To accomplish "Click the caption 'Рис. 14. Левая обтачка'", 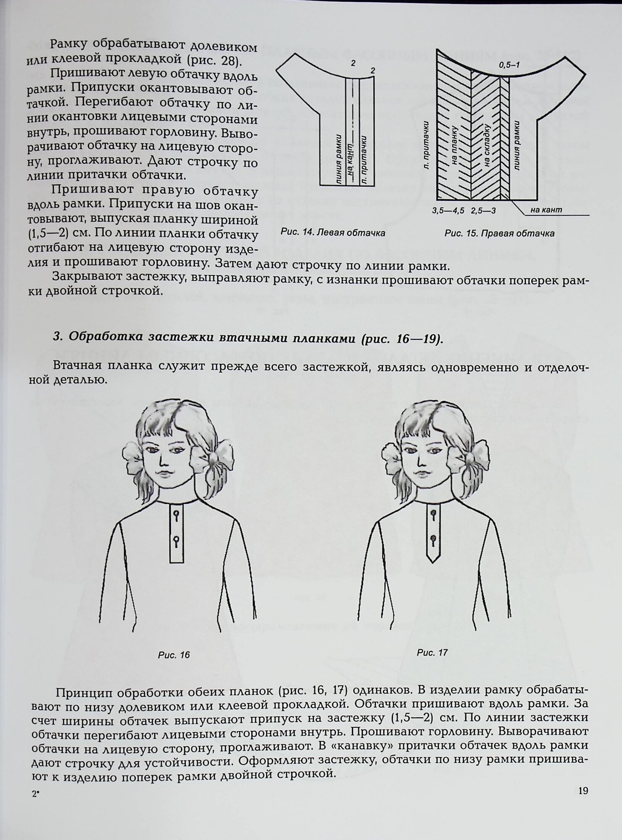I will point(333,233).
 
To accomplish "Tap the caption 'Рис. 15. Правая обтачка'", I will point(499,233).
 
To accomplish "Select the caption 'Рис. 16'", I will point(174,654).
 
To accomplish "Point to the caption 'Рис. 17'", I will point(432,652).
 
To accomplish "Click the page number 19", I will point(583,791).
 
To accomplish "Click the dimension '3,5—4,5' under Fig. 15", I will point(448,210).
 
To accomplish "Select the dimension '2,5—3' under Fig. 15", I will point(483,210).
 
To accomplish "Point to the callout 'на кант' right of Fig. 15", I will point(546,210).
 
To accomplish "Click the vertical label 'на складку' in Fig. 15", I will point(488,146).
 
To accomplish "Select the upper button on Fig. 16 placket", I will point(176,514).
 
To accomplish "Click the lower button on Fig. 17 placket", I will point(433,539).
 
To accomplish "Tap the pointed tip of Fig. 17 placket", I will point(432,561).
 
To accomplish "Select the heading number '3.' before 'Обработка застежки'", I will point(58,338).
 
